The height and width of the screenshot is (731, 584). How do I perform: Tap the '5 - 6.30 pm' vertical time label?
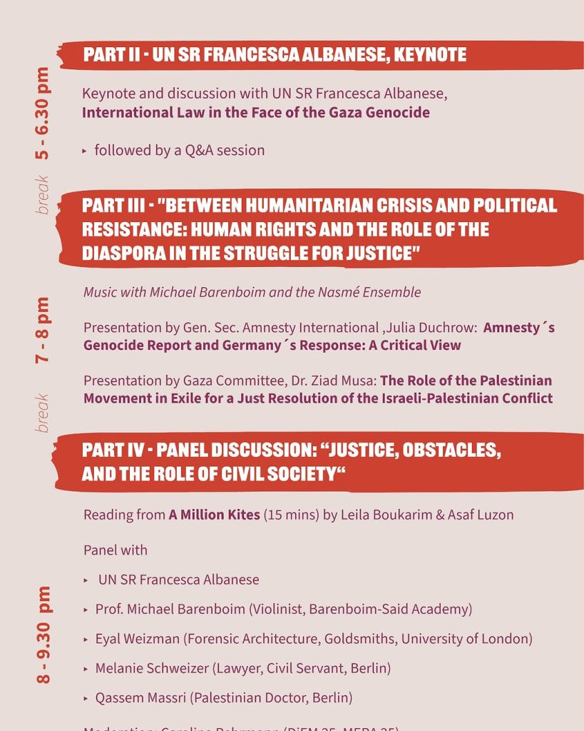coord(43,113)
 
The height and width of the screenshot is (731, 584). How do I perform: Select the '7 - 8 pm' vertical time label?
coord(43,330)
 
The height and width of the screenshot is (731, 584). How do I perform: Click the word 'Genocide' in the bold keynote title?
coord(399,112)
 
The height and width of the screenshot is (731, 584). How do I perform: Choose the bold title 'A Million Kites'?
coord(214,514)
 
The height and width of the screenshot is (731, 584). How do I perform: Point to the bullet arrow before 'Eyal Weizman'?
coord(86,640)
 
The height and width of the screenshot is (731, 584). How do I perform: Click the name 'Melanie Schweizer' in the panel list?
coord(151,668)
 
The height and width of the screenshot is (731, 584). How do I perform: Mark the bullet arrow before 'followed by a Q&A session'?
coord(84,151)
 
